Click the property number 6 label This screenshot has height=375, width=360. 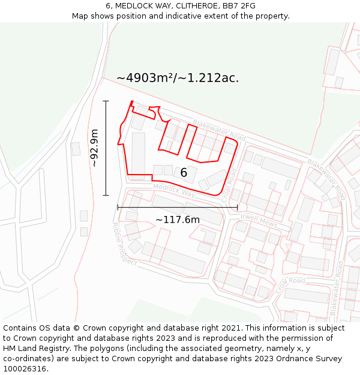tap(184, 173)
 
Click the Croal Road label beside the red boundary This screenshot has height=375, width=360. tap(227, 184)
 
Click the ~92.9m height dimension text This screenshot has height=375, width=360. tap(95, 148)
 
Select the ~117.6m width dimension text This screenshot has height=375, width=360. tap(178, 220)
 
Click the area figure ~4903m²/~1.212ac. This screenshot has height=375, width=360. tap(178, 78)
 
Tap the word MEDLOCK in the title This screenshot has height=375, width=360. tap(134, 6)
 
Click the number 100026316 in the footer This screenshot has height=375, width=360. tap(25, 369)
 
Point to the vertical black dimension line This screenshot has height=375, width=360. tap(106, 148)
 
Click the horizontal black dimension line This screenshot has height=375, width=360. tap(178, 207)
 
